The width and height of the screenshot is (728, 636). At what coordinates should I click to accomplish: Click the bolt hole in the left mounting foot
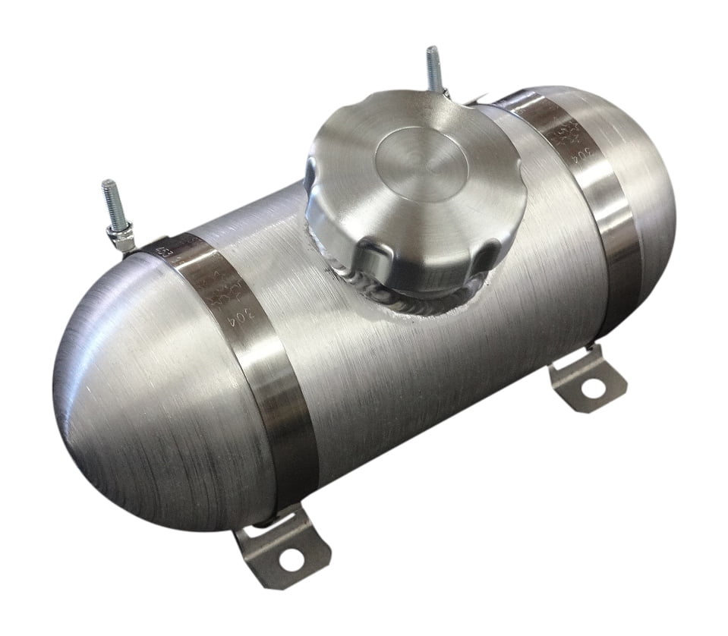tap(289, 562)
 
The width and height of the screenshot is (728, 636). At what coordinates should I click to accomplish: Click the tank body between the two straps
tap(395, 379)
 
